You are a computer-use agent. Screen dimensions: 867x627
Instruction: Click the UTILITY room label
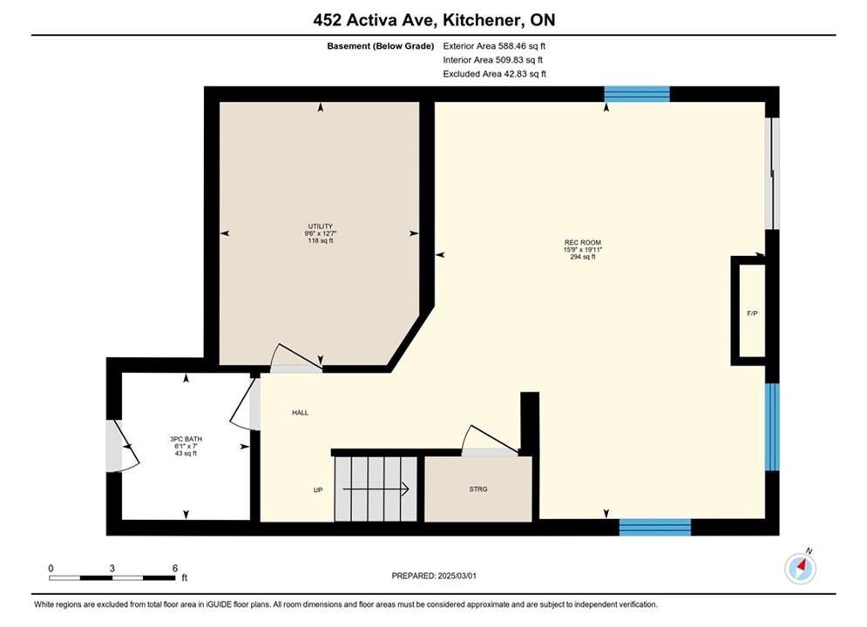pyautogui.click(x=321, y=226)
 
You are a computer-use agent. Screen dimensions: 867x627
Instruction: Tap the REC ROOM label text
pyautogui.click(x=583, y=242)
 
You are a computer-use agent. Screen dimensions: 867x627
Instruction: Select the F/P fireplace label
pyautogui.click(x=752, y=313)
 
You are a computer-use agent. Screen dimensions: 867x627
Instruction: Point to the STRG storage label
pyautogui.click(x=478, y=489)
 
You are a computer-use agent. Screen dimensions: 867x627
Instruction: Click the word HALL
pyautogui.click(x=301, y=413)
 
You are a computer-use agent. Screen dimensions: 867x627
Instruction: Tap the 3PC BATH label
pyautogui.click(x=186, y=439)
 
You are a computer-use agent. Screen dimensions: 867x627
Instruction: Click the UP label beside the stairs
pyautogui.click(x=318, y=490)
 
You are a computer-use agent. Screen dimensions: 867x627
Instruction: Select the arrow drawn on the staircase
pyautogui.click(x=376, y=489)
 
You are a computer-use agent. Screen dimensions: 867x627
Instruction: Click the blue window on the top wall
pyautogui.click(x=637, y=94)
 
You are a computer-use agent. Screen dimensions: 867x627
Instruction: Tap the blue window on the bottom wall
pyautogui.click(x=655, y=527)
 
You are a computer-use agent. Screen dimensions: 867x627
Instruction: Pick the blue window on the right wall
pyautogui.click(x=772, y=427)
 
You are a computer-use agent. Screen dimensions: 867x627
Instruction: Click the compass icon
pyautogui.click(x=800, y=568)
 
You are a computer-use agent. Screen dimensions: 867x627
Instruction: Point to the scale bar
pyautogui.click(x=112, y=578)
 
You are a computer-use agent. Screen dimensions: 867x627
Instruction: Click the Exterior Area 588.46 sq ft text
pyautogui.click(x=494, y=46)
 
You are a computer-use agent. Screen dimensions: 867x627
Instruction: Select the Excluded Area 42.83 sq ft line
pyautogui.click(x=495, y=74)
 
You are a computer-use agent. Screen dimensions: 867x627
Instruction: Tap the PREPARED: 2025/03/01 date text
pyautogui.click(x=434, y=576)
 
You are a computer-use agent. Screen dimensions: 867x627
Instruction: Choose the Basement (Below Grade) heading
pyautogui.click(x=381, y=46)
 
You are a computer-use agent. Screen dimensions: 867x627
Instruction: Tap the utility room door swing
pyautogui.click(x=295, y=356)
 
